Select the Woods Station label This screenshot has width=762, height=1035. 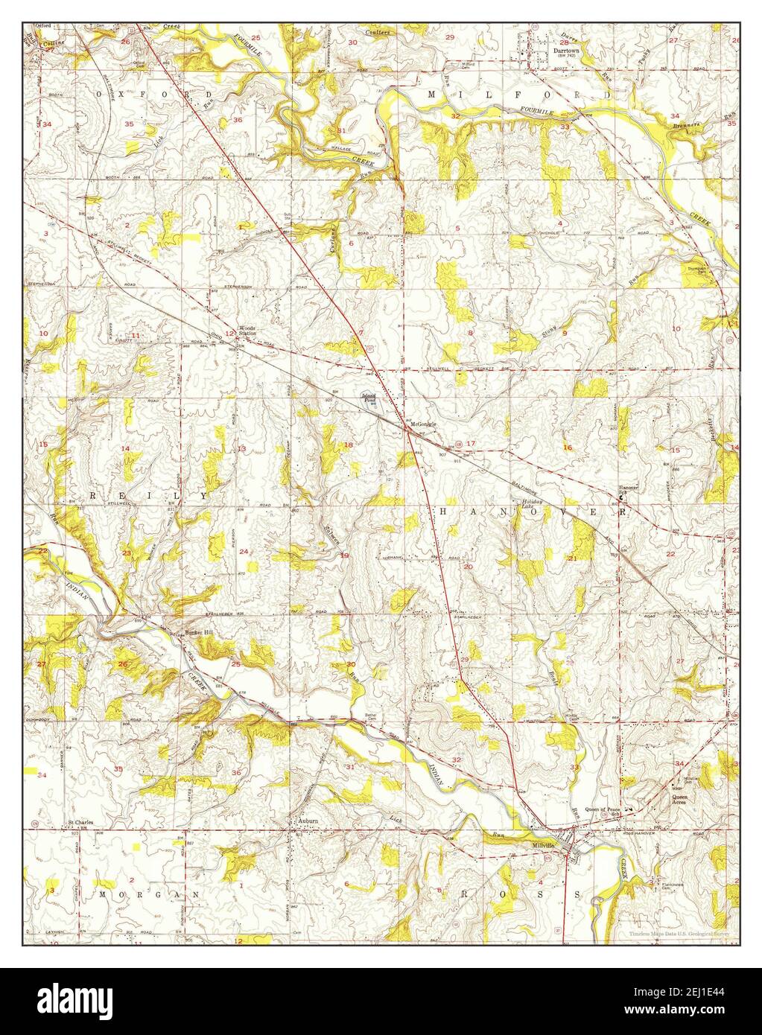pos(248,331)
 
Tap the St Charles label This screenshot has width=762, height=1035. pos(80,823)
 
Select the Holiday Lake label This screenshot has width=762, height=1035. pos(533,505)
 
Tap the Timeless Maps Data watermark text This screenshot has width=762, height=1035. pos(678,933)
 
